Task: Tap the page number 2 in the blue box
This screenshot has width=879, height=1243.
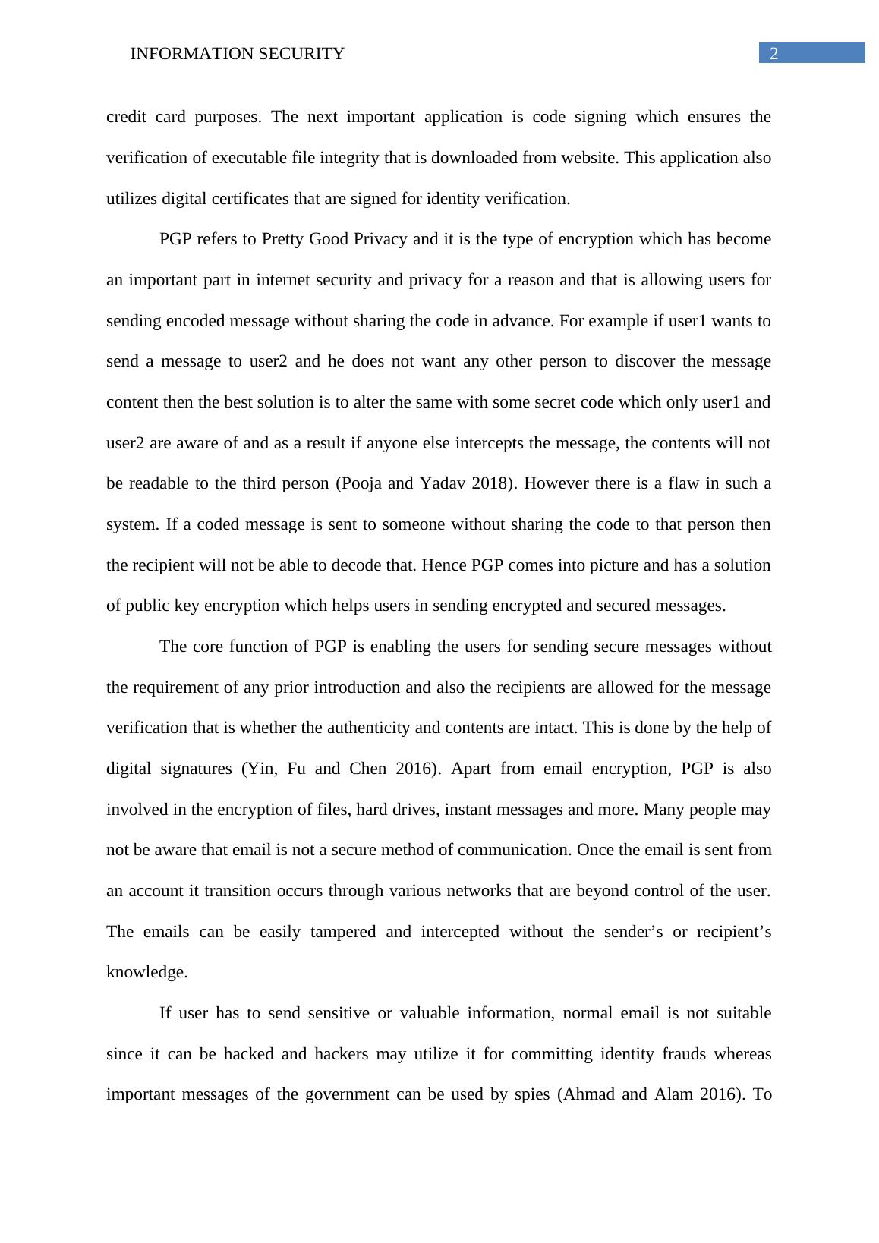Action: click(x=774, y=53)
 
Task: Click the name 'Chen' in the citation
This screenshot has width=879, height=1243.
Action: click(x=367, y=769)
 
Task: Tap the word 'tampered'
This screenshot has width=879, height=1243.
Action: click(x=343, y=932)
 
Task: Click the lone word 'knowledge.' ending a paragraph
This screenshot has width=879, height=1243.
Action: click(x=147, y=972)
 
